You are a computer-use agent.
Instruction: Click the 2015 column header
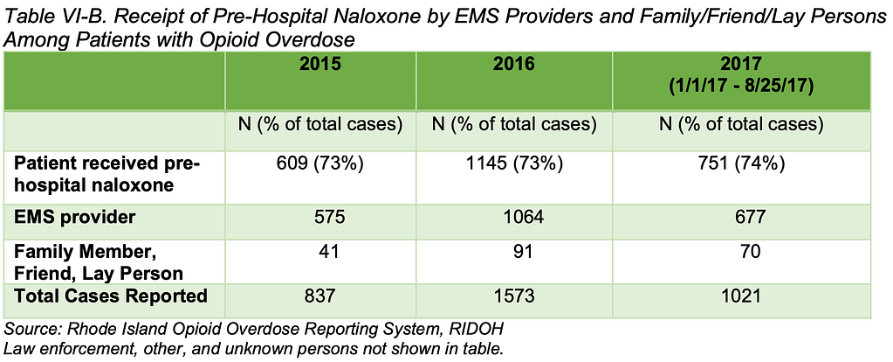pos(319,64)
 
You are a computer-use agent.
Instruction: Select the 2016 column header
pos(514,64)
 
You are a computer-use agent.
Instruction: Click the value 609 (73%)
pos(319,164)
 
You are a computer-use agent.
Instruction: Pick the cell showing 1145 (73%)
pos(514,164)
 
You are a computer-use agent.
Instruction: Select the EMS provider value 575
pos(319,215)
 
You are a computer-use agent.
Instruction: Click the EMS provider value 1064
pos(514,215)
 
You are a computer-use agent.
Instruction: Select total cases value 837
pos(319,296)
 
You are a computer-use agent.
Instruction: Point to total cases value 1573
pos(514,296)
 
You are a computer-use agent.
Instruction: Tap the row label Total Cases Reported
pos(111,296)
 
